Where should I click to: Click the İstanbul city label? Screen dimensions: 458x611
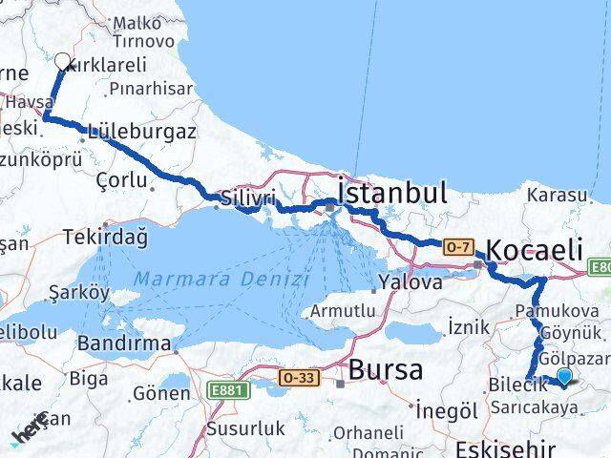pyautogui.click(x=393, y=194)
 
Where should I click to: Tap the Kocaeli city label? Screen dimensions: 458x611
pyautogui.click(x=535, y=251)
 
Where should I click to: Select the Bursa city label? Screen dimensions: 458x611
pyautogui.click(x=386, y=370)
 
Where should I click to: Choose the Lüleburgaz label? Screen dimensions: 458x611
pyautogui.click(x=140, y=131)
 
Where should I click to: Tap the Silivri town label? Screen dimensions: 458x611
pyautogui.click(x=247, y=198)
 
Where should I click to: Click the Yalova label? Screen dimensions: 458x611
pyautogui.click(x=411, y=282)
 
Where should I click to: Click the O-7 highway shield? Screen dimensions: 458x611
pyautogui.click(x=457, y=246)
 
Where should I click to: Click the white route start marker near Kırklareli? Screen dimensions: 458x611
pyautogui.click(x=63, y=63)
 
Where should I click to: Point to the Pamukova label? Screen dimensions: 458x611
pyautogui.click(x=556, y=311)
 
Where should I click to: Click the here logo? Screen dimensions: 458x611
pyautogui.click(x=29, y=434)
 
